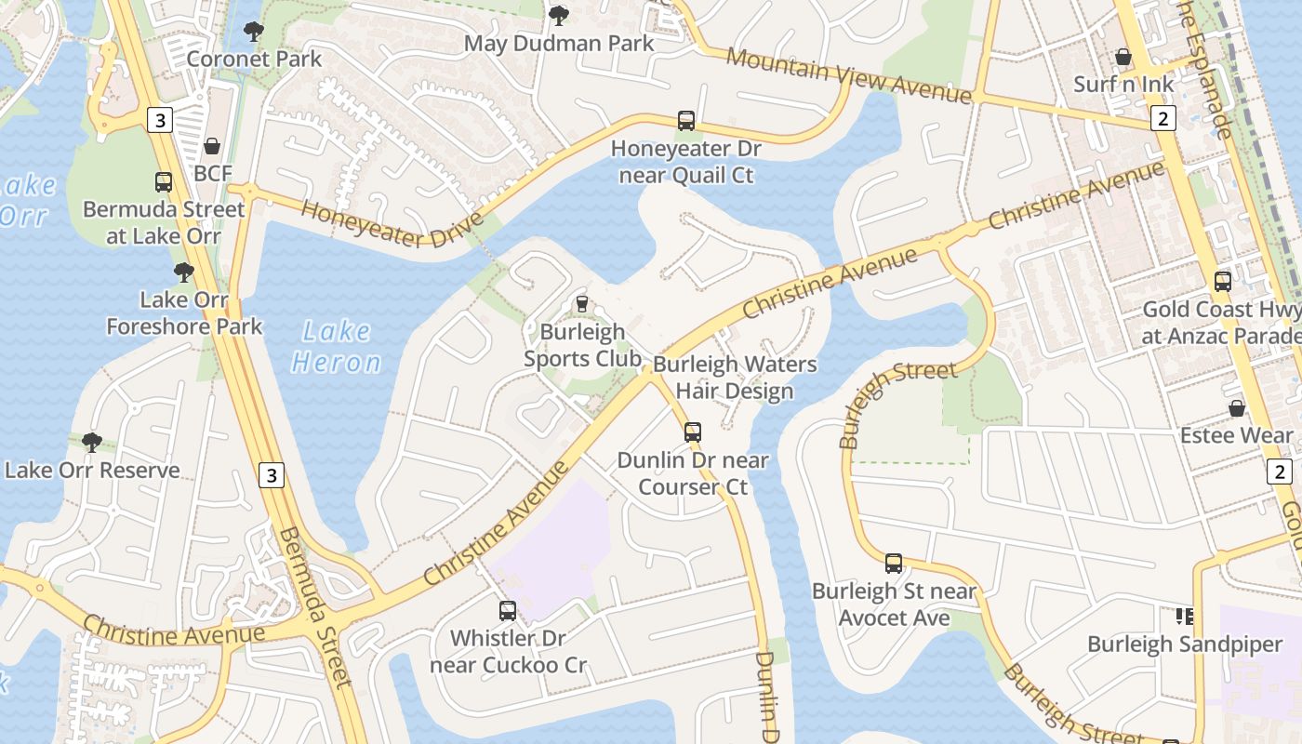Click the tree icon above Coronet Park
253,32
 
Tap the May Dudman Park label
559,43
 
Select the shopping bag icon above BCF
213,146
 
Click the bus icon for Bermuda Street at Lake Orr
164,181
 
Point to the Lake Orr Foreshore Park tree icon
184,272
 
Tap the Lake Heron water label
336,346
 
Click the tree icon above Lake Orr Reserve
91,442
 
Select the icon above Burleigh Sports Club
582,303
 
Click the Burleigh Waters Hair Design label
735,377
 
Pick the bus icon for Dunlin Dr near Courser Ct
693,432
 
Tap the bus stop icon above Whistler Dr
508,611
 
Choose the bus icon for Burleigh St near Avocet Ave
894,563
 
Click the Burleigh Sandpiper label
1185,644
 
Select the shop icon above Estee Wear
1237,408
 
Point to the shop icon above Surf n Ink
1123,57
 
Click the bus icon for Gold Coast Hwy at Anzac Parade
1223,281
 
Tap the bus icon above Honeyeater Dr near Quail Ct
686,120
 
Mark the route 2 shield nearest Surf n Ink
1162,118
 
